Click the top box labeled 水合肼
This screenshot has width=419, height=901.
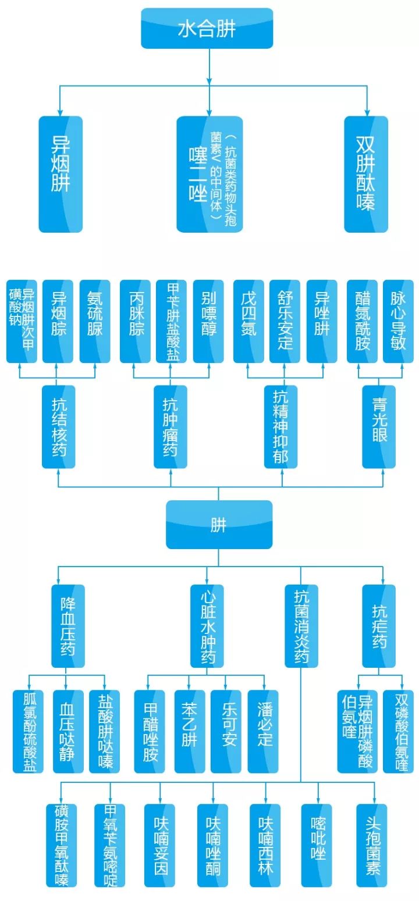point(207,29)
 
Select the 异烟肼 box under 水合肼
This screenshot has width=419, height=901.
point(61,174)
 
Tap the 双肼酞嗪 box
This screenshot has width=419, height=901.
point(365,174)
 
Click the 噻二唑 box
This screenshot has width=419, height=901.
point(210,174)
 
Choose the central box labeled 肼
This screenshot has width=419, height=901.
point(219,524)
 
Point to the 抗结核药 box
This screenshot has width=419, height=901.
point(58,426)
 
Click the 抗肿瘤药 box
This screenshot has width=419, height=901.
point(170,426)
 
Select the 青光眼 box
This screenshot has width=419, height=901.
point(379,426)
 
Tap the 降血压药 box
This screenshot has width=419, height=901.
point(68,625)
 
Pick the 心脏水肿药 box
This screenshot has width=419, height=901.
point(207,625)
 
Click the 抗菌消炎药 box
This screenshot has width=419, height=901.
point(301,625)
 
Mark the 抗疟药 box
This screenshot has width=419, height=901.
point(379,625)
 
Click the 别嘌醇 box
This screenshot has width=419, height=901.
point(208,321)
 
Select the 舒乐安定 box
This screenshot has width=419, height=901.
point(285,321)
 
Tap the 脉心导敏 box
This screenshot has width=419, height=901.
point(398,321)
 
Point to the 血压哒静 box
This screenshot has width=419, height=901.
point(68,731)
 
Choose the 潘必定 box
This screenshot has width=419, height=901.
point(264,731)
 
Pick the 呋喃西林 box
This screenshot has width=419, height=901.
point(265,845)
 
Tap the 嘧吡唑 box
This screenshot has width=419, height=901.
point(317,845)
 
